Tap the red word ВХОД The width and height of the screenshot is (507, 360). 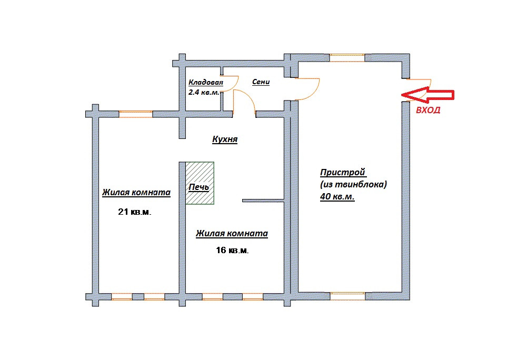tap(428, 111)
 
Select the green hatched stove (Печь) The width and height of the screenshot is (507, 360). tap(200, 183)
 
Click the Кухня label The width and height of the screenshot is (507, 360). tap(225, 140)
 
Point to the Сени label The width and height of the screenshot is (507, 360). tap(261, 82)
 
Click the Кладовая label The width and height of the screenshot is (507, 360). tap(205, 83)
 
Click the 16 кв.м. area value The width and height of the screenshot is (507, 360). tap(232, 251)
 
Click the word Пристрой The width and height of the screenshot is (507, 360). tap(343, 173)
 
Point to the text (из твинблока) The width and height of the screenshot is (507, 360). tap(353, 184)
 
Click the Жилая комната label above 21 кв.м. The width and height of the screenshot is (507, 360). tap(136, 193)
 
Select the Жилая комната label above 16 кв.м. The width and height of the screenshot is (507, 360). tap(232, 234)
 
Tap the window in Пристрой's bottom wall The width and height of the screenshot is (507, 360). tap(347, 296)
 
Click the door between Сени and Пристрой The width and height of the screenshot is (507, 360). tap(307, 88)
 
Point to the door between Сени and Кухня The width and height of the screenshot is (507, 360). tap(244, 101)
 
